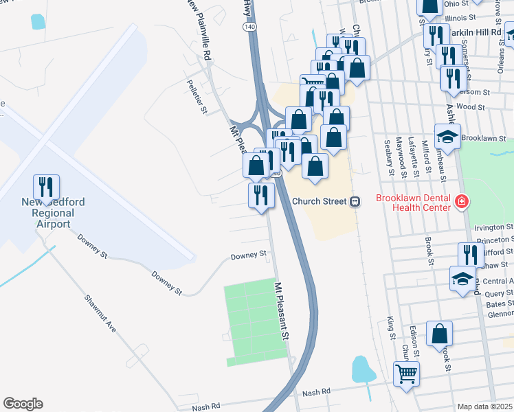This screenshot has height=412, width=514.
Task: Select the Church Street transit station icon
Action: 355,202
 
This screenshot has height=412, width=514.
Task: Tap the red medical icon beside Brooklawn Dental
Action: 462,202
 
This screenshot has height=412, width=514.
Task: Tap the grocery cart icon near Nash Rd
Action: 406,374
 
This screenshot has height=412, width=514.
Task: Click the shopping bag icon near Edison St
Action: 439,334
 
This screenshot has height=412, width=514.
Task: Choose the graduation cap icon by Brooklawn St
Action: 447,137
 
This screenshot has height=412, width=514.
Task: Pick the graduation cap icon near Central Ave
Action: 462,278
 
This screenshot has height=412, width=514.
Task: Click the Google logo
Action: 23,404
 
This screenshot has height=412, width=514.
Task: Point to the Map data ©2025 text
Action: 484,407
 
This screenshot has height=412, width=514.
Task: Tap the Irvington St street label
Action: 493,227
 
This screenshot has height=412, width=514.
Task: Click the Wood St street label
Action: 470,107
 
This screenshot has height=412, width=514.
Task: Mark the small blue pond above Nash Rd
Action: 361,369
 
